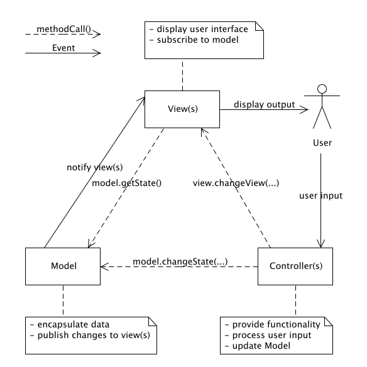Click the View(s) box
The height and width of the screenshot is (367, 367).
pos(182,109)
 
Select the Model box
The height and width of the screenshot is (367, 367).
pos(63,266)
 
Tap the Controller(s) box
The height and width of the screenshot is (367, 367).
pos(295,266)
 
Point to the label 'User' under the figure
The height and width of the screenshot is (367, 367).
pos(322,143)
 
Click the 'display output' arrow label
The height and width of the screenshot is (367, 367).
pos(264,104)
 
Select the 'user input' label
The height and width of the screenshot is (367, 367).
pos(320,195)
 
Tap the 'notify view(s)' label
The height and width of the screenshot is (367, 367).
pos(94,167)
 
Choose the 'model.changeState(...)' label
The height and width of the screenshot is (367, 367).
pos(180,261)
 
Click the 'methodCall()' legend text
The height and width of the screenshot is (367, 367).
pos(63,29)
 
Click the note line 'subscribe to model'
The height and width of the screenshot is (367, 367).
pos(195,40)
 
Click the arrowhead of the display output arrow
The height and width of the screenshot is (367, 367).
pos(305,109)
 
